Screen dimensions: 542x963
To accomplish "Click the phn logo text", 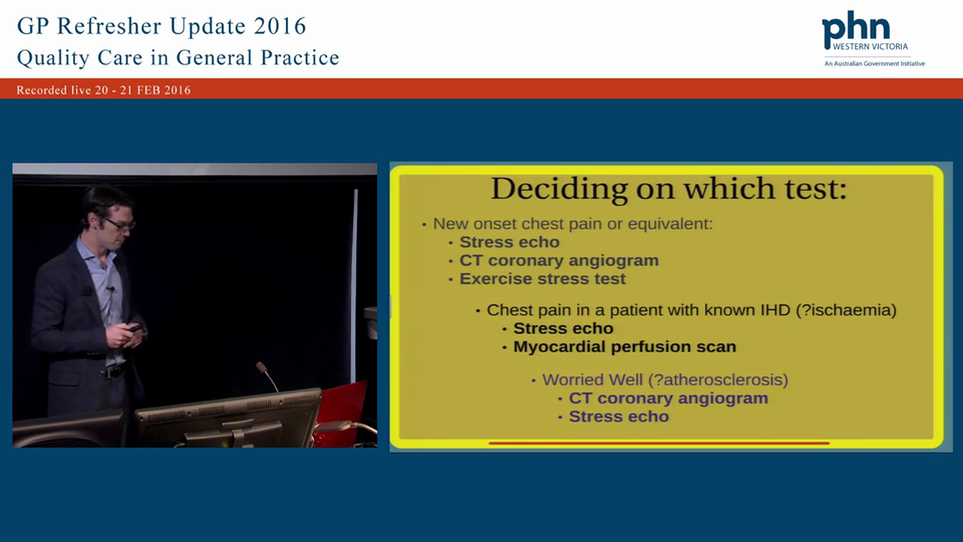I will click(x=855, y=30).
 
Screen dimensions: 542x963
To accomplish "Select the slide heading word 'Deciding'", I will click(x=559, y=188).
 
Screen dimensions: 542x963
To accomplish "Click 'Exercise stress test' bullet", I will click(x=542, y=279).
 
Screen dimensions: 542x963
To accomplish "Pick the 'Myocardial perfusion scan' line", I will click(x=624, y=346).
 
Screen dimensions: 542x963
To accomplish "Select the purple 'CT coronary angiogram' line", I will click(x=668, y=398).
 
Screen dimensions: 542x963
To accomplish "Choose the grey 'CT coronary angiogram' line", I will click(x=559, y=260).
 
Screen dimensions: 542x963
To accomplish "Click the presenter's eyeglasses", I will click(x=120, y=224).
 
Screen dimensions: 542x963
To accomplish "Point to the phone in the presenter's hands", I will click(x=134, y=327).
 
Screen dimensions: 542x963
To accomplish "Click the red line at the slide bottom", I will click(x=658, y=443).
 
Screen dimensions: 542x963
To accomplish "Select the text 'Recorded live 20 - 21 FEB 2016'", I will click(x=104, y=90).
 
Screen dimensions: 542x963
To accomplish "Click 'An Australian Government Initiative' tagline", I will click(x=874, y=64).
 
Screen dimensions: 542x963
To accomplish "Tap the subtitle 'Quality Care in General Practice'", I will click(x=178, y=58).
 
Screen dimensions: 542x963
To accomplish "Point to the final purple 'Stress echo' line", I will click(x=618, y=416).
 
